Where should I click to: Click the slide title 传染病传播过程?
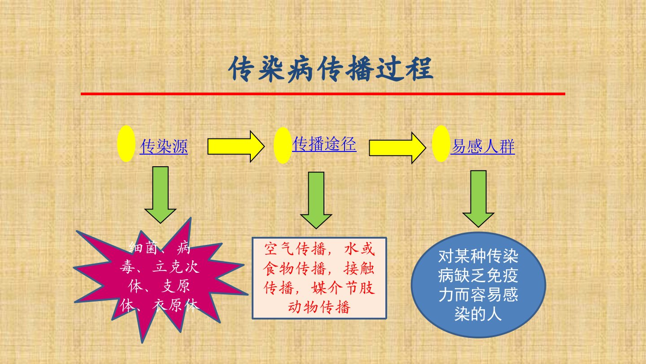[x=331, y=69]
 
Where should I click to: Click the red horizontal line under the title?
[x=323, y=94]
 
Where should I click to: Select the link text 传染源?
[x=164, y=146]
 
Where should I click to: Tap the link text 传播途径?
[x=324, y=144]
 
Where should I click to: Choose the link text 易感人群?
[x=483, y=146]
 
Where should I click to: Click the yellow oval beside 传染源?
[x=127, y=144]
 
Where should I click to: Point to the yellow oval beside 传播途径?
[x=283, y=145]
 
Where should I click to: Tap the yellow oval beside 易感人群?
[x=441, y=144]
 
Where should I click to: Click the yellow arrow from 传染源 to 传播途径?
[x=236, y=146]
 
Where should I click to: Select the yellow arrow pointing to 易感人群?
[x=397, y=148]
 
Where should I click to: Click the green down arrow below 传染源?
[x=160, y=195]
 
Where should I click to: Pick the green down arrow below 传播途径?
[x=316, y=200]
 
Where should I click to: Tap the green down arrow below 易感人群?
[x=478, y=199]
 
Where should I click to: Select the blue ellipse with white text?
[x=478, y=285]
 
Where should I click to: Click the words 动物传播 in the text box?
[x=319, y=307]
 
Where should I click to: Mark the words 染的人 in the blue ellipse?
[x=478, y=314]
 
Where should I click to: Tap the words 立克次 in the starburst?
[x=176, y=267]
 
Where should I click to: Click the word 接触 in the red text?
[x=359, y=268]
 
